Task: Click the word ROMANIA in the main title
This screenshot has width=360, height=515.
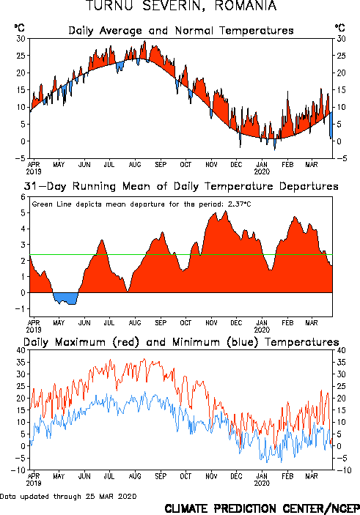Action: (246, 6)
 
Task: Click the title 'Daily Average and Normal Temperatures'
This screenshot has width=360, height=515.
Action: (181, 31)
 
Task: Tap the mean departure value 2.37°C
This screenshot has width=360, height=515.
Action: (239, 204)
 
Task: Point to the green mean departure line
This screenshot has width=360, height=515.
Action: (181, 254)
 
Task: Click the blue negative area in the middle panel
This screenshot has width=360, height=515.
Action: (66, 298)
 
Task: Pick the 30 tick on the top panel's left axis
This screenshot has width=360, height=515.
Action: (21, 39)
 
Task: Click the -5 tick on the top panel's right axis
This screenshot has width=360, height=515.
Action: (341, 158)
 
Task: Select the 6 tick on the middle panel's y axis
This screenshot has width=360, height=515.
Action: (23, 197)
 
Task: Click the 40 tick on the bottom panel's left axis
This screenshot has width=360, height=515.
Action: (21, 350)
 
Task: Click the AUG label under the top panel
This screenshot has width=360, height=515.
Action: (135, 165)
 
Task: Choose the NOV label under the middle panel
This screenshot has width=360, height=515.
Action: (211, 323)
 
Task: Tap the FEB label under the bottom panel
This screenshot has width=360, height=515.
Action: (287, 476)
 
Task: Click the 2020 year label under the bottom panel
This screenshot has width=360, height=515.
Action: (262, 483)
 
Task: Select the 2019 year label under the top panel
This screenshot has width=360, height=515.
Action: (34, 171)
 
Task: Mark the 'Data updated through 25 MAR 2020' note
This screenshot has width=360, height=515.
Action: (68, 496)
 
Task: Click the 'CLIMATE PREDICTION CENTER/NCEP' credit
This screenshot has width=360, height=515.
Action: (262, 508)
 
